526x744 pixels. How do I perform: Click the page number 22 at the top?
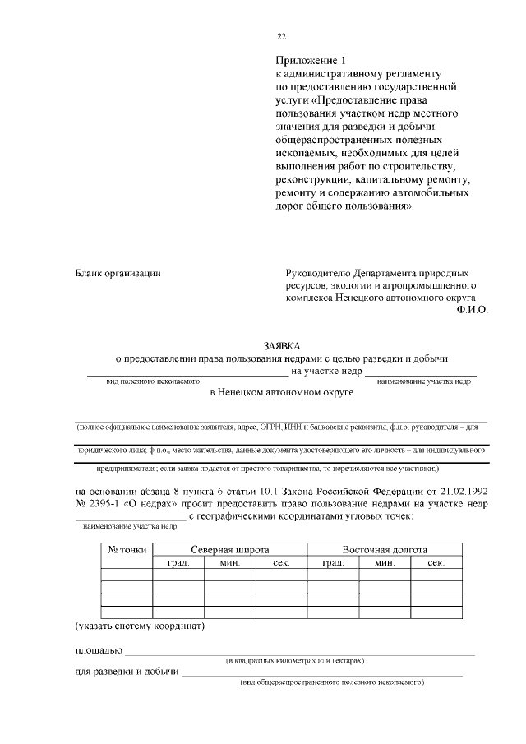coord(282,36)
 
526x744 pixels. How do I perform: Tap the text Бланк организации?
coord(118,273)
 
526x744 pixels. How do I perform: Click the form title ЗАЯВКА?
coord(282,346)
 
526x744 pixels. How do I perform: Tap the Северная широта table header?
coord(230,549)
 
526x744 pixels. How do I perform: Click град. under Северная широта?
coord(178,563)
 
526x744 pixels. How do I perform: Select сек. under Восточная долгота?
coord(436,563)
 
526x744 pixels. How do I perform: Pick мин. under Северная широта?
coord(230,563)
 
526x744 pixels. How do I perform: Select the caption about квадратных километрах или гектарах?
coord(296,661)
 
